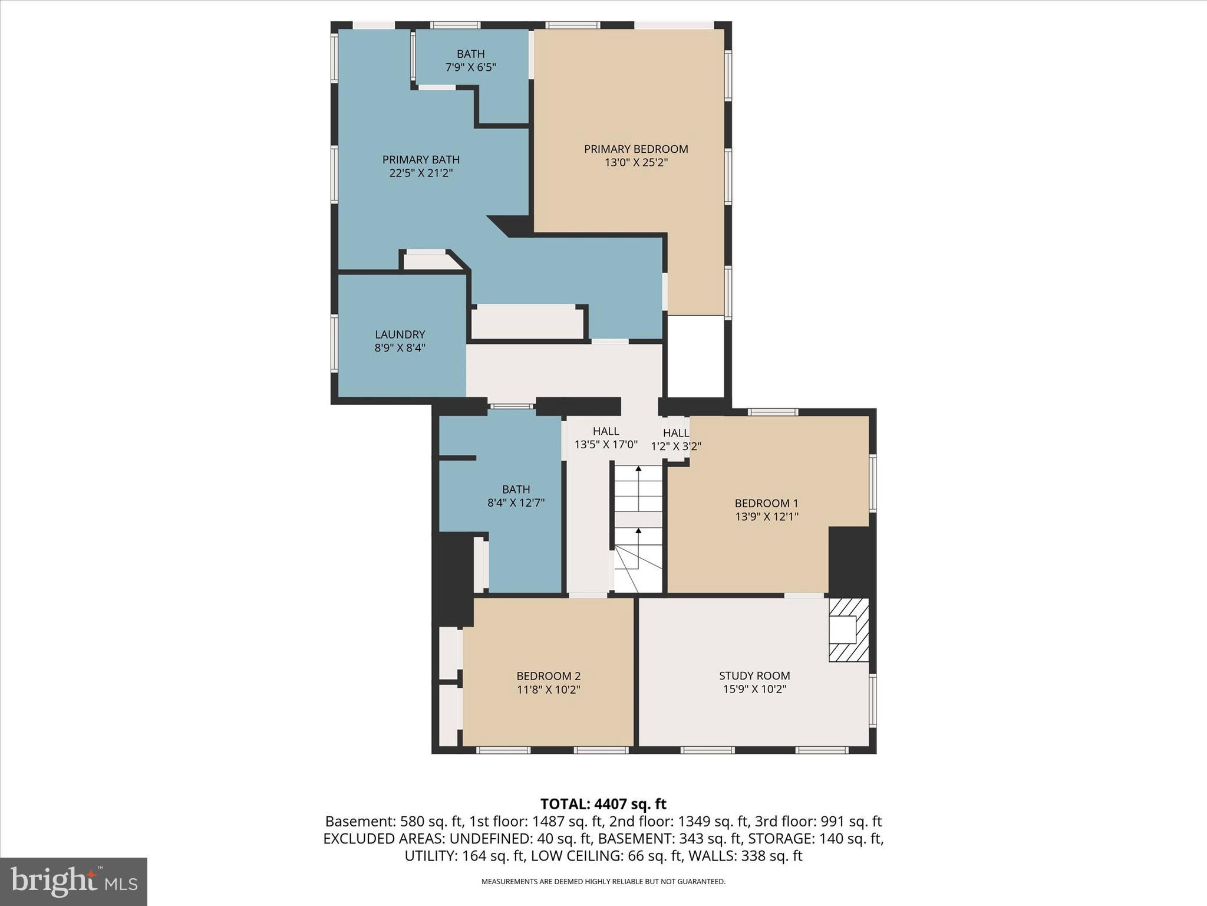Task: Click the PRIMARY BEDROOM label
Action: (636, 149)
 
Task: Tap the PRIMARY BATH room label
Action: (421, 160)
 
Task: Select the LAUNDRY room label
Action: (400, 334)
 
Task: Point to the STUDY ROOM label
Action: (754, 676)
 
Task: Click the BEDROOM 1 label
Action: (766, 503)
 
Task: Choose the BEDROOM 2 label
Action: (548, 676)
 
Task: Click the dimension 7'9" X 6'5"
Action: (470, 67)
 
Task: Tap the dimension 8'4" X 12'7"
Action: (516, 503)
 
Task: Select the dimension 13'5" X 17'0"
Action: (606, 445)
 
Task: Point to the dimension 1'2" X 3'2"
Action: (676, 447)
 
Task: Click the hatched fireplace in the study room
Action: (849, 630)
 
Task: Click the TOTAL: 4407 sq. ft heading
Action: (603, 804)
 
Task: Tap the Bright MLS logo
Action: (74, 881)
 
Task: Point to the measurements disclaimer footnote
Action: (603, 882)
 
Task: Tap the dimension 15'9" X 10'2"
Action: (754, 690)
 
